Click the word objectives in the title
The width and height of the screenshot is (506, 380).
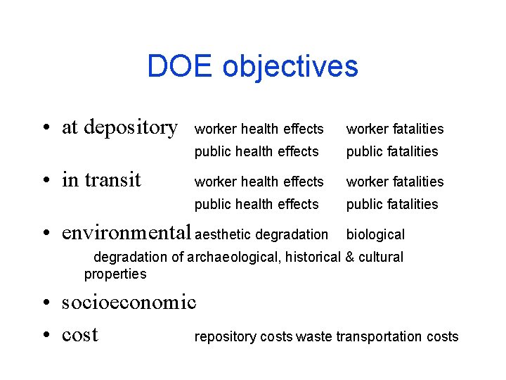290,67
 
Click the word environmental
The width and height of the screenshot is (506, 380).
126,232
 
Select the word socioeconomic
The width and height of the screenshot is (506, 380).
129,303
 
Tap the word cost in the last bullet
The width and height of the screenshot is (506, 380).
79,335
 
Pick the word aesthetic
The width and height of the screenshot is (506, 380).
225,234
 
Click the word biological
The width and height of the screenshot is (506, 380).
375,234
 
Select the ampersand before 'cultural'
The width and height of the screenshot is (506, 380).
349,257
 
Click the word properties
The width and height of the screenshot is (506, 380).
115,274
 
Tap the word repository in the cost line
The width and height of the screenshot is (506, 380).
226,337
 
